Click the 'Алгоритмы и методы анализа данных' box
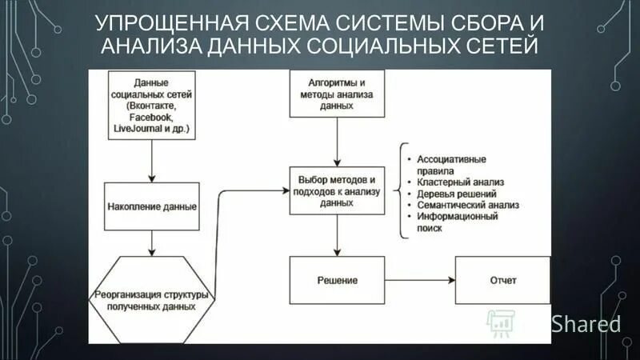(x=336, y=94)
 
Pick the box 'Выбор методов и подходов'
(x=336, y=191)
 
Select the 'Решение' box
(x=336, y=281)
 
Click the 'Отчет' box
(x=502, y=281)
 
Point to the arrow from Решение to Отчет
(x=419, y=281)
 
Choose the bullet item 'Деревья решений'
(x=456, y=194)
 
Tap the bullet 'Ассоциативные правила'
(x=452, y=165)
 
